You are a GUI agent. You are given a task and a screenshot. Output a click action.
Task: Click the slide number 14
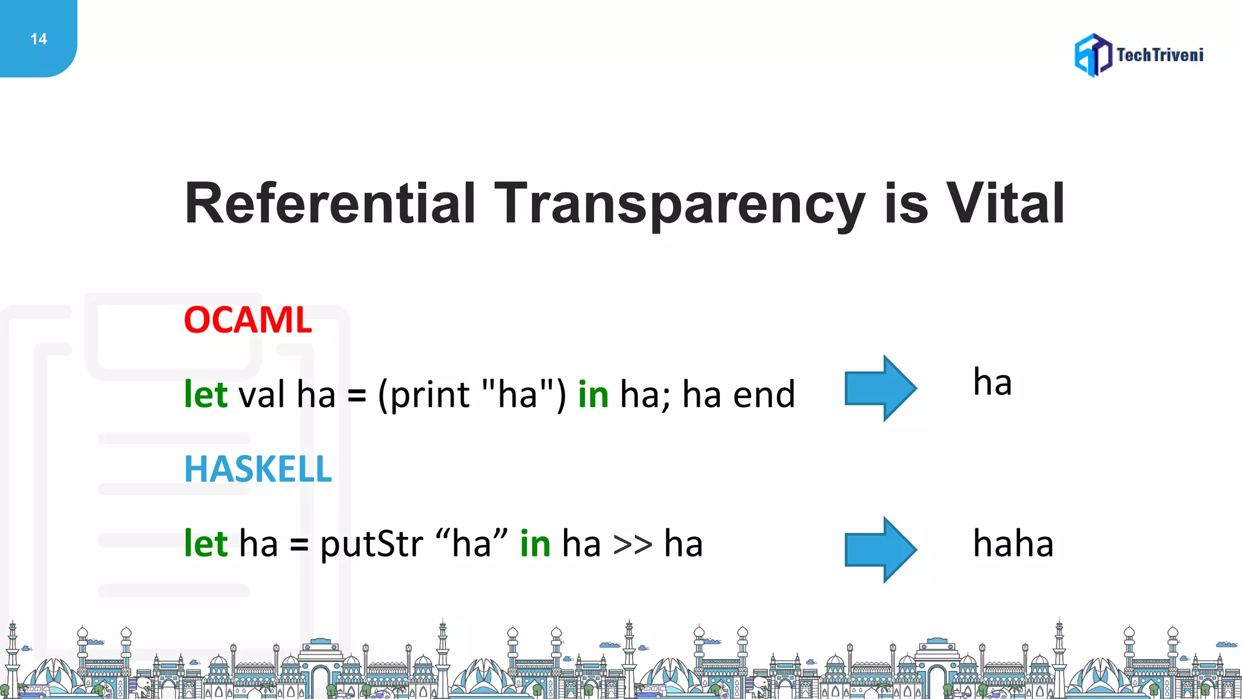tap(38, 39)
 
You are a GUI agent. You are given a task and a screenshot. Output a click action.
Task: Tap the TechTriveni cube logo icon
tap(1093, 55)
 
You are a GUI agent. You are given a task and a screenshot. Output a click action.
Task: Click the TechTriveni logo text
tap(1160, 55)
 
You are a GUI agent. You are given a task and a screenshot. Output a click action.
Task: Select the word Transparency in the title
tap(679, 205)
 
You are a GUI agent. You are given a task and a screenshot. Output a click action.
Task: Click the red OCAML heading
tap(247, 320)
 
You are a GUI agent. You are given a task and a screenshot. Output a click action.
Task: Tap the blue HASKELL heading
tap(258, 469)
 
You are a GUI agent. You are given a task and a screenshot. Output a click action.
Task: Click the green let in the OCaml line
tap(206, 394)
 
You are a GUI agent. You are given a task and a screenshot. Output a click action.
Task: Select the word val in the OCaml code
tap(261, 394)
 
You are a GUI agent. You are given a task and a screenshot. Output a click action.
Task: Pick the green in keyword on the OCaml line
tap(592, 394)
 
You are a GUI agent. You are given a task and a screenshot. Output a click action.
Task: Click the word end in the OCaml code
tap(764, 394)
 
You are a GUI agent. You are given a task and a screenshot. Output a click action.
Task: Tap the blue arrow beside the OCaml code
tap(881, 388)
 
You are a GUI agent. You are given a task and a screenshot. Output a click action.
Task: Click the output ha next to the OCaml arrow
tap(992, 383)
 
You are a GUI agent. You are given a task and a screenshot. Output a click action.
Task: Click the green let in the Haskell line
tap(206, 543)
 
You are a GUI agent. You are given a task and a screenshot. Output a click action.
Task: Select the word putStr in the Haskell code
tap(371, 544)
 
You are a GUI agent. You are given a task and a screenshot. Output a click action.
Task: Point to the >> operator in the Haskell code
tap(633, 544)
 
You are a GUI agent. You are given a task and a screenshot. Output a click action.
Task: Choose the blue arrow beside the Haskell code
tap(881, 550)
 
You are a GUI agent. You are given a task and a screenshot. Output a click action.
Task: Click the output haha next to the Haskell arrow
tap(1013, 543)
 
